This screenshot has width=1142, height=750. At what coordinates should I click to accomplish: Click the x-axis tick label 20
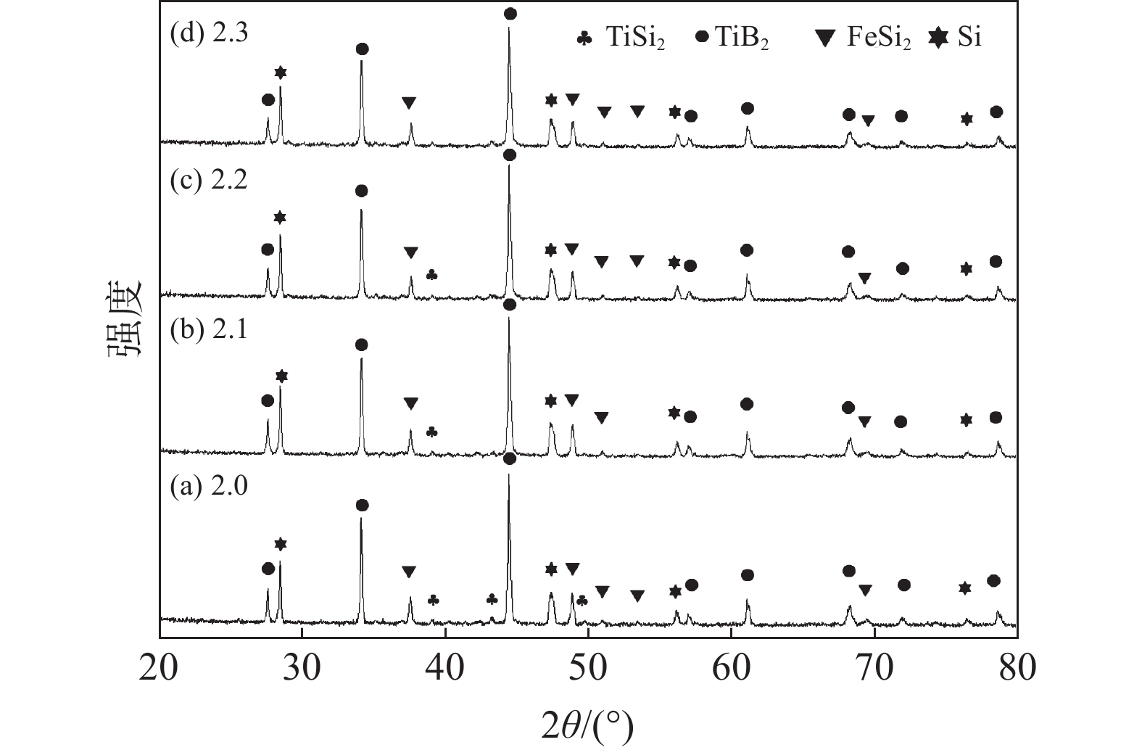pos(159,667)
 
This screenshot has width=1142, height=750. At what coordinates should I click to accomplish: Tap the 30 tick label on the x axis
pos(302,667)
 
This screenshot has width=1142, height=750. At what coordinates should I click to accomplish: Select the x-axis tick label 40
pos(444,667)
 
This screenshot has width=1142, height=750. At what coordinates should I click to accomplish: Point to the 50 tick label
pos(587,667)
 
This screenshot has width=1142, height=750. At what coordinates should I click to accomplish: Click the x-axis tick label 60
pos(730,667)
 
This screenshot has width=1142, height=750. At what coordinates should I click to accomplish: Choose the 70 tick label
pos(874,667)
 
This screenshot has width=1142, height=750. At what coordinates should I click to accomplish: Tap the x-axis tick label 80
pos(1016,667)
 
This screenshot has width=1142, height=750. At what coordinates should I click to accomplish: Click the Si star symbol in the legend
pos(939,38)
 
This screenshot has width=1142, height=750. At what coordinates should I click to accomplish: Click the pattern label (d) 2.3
pos(209,34)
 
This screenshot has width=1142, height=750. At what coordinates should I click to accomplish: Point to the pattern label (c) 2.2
pos(209,179)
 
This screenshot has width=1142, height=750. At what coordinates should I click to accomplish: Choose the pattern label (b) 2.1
pos(209,330)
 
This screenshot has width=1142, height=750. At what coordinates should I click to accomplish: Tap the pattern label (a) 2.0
pos(209,486)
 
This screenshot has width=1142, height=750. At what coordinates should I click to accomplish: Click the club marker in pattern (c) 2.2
pos(431,275)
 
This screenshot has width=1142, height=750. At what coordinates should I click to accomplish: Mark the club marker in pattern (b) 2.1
pos(431,432)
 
